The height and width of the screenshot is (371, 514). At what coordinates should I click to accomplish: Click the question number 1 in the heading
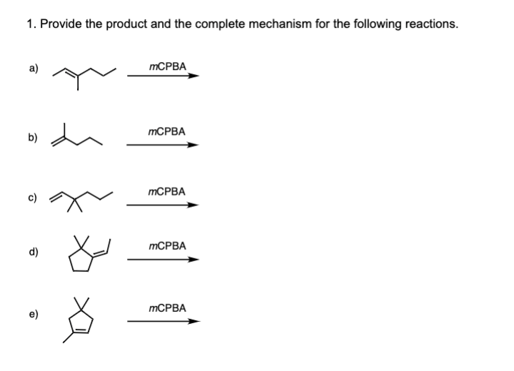point(29,24)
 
